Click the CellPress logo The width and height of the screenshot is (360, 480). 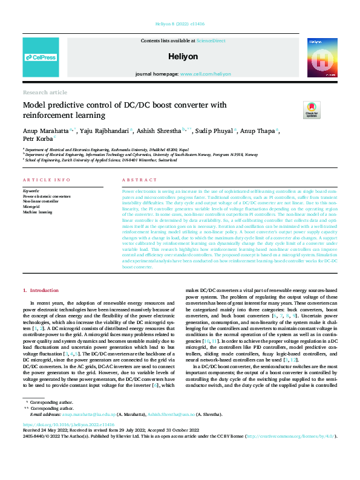click(41, 57)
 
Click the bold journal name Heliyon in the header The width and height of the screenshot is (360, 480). click(180, 56)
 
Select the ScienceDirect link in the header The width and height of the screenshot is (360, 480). click(210, 40)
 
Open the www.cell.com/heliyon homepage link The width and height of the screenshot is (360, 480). click(205, 74)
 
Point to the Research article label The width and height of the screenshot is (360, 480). click(45, 92)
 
